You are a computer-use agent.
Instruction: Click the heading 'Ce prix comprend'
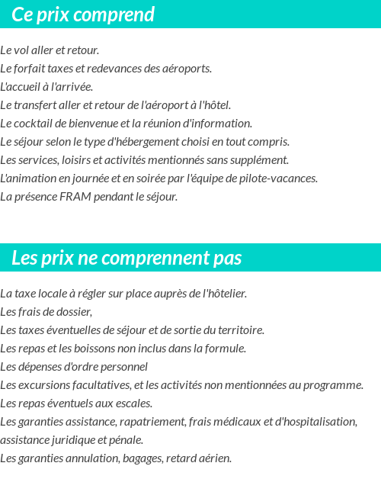click(83, 14)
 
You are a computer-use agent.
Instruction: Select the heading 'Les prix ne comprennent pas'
click(126, 258)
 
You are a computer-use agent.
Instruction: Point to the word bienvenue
click(93, 124)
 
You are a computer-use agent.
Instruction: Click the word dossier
click(74, 312)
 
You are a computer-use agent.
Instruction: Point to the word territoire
click(238, 330)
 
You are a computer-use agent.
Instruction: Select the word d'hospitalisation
click(313, 422)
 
